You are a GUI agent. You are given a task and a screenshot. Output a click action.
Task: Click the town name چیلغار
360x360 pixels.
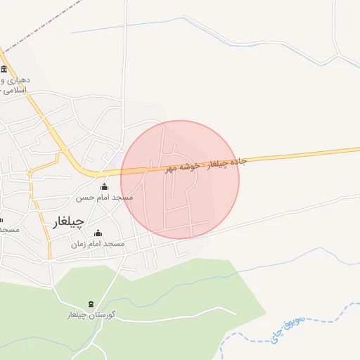(68, 222)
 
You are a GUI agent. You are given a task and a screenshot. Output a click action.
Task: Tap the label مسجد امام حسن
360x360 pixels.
(105, 198)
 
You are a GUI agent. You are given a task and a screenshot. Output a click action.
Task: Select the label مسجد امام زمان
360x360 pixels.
(98, 243)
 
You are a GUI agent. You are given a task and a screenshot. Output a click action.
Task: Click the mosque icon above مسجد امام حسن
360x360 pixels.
(105, 187)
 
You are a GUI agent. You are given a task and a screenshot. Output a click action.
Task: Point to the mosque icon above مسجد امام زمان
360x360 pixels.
(98, 233)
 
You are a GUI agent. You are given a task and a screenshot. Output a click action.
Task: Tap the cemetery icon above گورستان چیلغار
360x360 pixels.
(90, 304)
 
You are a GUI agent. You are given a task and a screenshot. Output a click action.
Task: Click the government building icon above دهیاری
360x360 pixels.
(5, 69)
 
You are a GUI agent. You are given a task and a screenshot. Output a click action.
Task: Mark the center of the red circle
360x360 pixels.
(180, 179)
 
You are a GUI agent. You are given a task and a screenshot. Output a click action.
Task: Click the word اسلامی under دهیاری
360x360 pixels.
(15, 91)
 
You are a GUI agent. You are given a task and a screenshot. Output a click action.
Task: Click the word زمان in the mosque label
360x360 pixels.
(79, 244)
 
